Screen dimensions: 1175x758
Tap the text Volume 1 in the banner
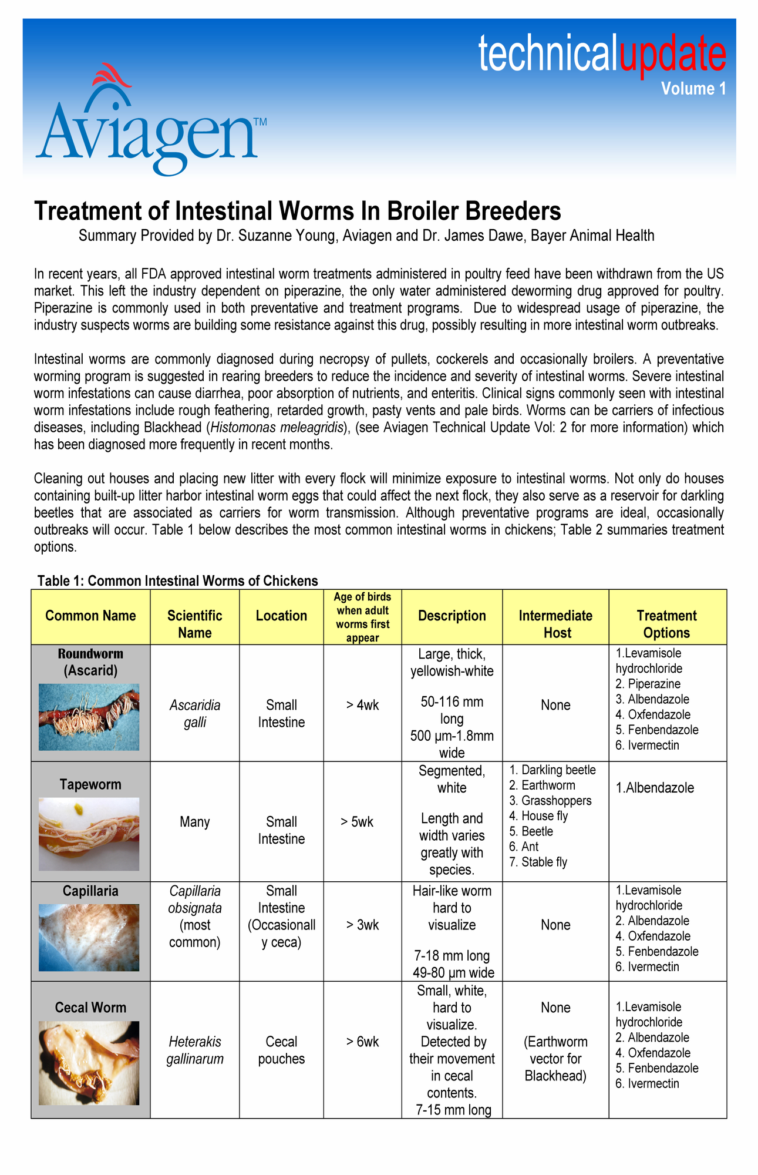pyautogui.click(x=693, y=89)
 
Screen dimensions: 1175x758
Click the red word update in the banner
pyautogui.click(x=672, y=54)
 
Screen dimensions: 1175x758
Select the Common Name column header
pyautogui.click(x=90, y=616)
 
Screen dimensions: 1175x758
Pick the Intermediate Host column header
pyautogui.click(x=555, y=624)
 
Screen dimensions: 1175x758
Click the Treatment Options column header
pyautogui.click(x=666, y=624)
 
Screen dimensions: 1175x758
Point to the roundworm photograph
pyautogui.click(x=89, y=717)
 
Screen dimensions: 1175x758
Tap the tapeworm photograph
pyautogui.click(x=89, y=834)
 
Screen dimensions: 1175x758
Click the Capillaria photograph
pyautogui.click(x=89, y=938)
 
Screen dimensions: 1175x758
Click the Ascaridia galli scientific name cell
pyautogui.click(x=195, y=713)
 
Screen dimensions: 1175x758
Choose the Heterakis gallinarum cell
pyautogui.click(x=194, y=1050)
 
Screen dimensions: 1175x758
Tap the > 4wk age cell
pyautogui.click(x=362, y=705)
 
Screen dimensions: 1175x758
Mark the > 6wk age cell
pyautogui.click(x=362, y=1042)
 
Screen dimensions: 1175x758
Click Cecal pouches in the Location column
pyautogui.click(x=281, y=1050)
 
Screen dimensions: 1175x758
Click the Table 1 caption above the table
pyautogui.click(x=177, y=581)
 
